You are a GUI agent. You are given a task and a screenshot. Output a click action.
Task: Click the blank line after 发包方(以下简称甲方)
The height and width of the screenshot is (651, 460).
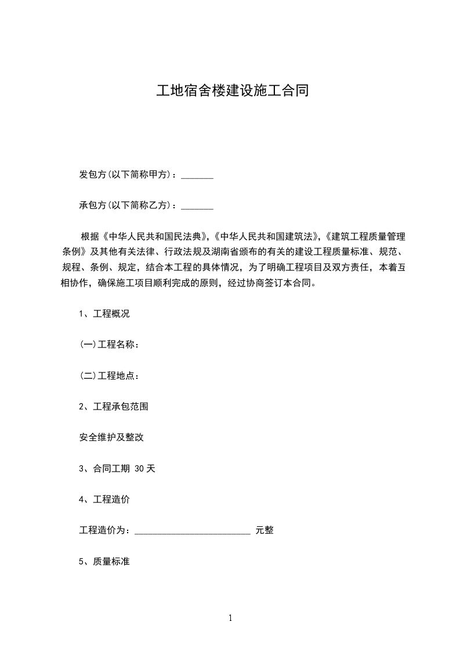[197, 175]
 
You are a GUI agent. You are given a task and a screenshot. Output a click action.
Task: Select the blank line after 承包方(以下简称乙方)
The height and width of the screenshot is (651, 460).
[197, 205]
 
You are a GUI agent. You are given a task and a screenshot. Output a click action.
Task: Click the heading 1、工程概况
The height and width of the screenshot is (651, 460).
[104, 314]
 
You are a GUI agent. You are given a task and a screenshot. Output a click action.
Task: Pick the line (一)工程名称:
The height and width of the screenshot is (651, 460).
[110, 345]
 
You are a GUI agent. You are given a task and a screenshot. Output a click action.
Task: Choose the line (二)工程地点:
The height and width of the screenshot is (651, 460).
[110, 375]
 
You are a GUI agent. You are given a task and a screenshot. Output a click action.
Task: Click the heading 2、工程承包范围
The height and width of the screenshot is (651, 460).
[114, 407]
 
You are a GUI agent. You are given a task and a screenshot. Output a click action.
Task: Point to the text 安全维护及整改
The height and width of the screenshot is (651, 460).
[111, 437]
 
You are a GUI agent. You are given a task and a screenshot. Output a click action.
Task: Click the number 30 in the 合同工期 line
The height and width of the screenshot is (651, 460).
[139, 469]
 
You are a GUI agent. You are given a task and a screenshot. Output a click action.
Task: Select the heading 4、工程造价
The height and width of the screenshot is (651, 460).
[104, 500]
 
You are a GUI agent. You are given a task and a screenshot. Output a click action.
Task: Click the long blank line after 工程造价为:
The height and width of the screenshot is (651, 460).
[193, 530]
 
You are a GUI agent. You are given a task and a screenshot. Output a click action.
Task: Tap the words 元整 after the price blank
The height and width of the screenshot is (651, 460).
[265, 530]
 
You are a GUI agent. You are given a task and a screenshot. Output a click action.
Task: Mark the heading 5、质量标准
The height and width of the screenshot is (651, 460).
[104, 562]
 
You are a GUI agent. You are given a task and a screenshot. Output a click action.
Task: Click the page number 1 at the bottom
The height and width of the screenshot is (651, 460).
[230, 618]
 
